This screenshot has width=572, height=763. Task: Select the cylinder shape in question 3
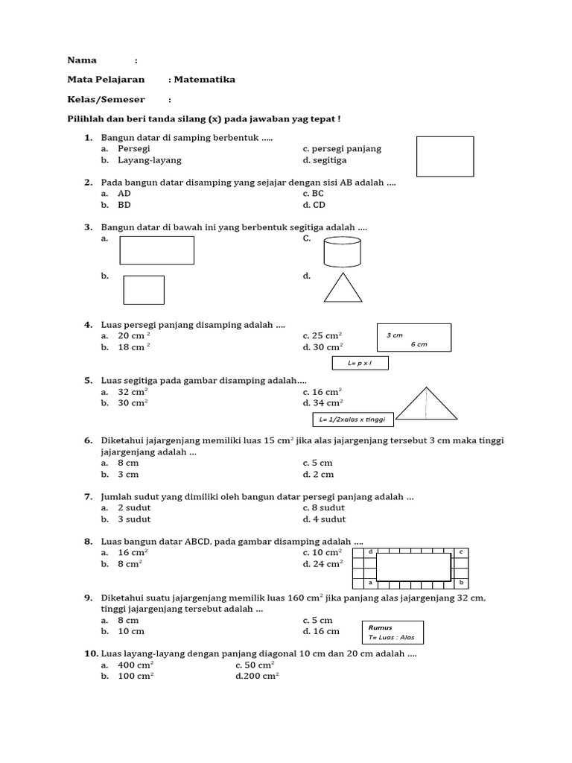coord(343,252)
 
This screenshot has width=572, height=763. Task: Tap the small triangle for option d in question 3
coord(343,288)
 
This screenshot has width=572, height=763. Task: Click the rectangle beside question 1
coord(445,156)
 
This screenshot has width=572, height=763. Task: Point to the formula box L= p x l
coord(360,364)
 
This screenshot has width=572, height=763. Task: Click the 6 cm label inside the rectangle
coord(419,344)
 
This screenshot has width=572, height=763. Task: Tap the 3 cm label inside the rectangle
coord(395,335)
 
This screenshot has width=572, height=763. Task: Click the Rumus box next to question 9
coord(392,633)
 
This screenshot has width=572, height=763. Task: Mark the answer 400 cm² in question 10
coord(136,665)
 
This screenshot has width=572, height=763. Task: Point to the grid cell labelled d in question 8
coord(370,552)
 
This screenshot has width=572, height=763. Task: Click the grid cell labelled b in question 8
coord(462,583)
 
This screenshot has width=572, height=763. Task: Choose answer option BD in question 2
coord(124,205)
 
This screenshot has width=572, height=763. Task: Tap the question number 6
coord(88,440)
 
